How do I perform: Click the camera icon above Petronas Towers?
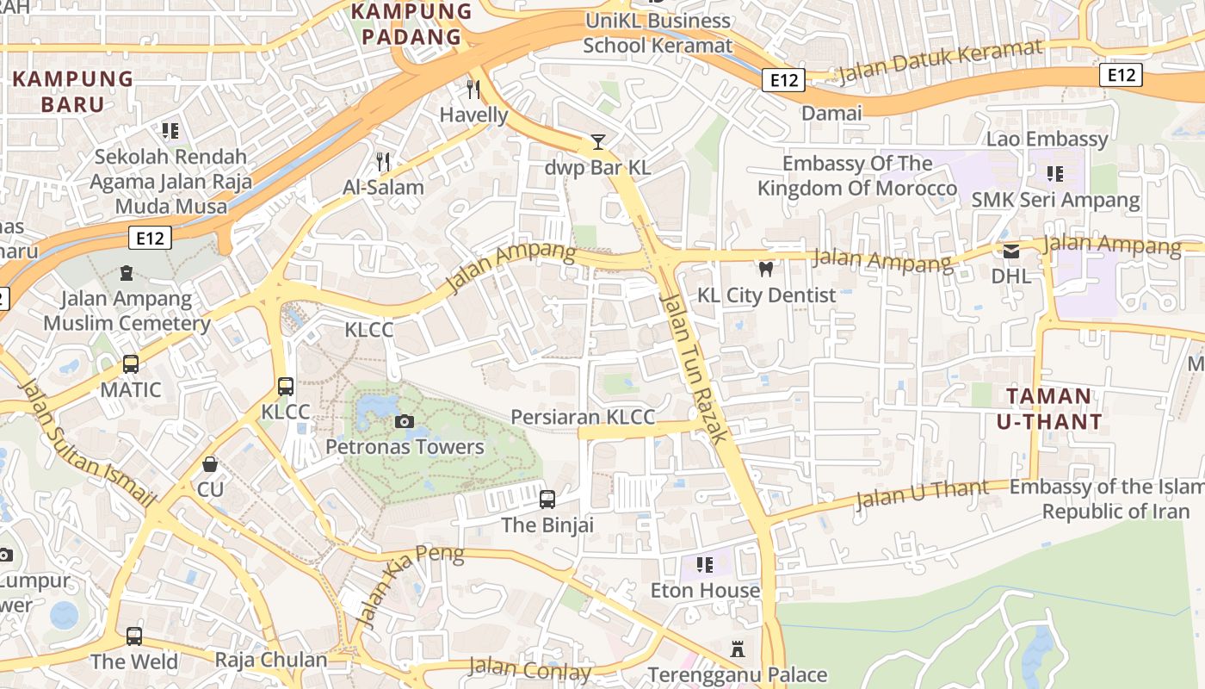point(404,421)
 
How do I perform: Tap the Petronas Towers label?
point(405,447)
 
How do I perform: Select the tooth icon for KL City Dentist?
point(765,269)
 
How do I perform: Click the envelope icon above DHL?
point(1011,251)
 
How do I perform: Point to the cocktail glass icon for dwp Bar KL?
point(598,142)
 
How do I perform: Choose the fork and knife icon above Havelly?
point(473,89)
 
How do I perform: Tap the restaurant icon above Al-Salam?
point(384,161)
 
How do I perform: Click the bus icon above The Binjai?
point(547,499)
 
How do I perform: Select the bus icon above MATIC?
point(131,364)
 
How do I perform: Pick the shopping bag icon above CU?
point(210,464)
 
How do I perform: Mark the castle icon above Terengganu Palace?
point(737,649)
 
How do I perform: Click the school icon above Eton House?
point(705,565)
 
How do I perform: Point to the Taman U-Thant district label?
point(1049,409)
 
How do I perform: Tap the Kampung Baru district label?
point(72,92)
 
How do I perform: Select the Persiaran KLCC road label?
point(583,417)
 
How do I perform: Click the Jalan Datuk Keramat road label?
point(939,62)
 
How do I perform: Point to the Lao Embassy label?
point(1047,139)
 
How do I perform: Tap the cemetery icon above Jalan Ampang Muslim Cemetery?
point(127,273)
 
